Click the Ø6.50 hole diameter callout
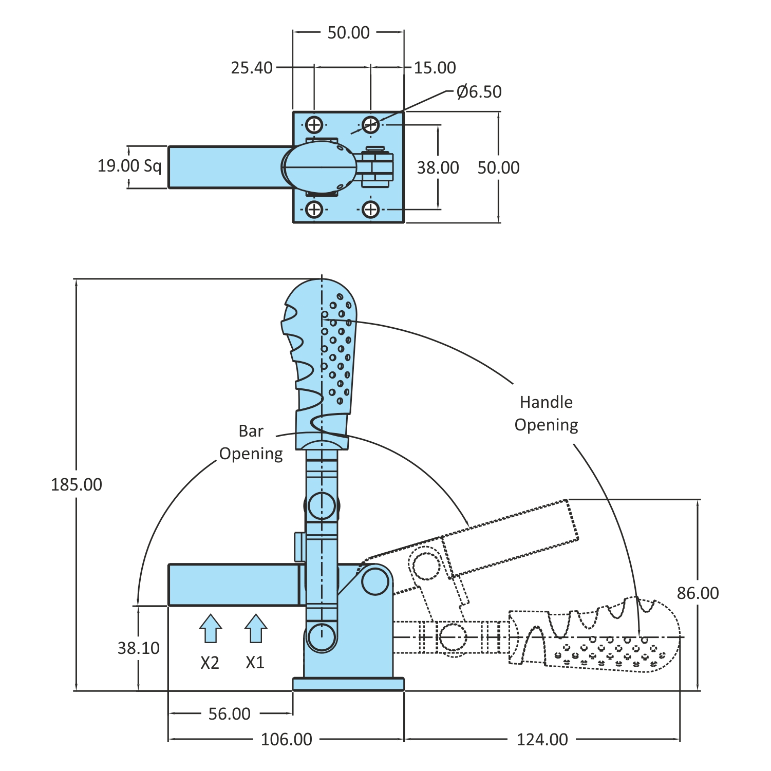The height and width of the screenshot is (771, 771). (479, 92)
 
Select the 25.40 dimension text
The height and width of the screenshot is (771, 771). (252, 68)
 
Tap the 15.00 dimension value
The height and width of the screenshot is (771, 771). (435, 68)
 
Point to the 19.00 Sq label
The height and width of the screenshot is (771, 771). (129, 166)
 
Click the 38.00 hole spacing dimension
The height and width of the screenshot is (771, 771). (438, 167)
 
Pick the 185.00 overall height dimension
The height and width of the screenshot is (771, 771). (77, 484)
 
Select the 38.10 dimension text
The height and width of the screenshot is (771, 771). (139, 648)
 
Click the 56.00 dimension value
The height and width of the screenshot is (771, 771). (230, 714)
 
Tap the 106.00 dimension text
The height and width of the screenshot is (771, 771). (287, 740)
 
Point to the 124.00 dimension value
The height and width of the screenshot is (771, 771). (542, 740)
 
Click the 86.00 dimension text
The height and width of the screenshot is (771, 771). (698, 593)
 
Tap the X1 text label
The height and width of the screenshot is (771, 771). (255, 663)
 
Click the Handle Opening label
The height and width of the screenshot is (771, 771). (546, 413)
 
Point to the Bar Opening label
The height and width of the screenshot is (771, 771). (251, 442)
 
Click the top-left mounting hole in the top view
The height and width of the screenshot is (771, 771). (314, 124)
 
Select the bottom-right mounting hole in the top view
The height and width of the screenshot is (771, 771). (370, 209)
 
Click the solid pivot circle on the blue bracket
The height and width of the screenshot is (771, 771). (375, 581)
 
